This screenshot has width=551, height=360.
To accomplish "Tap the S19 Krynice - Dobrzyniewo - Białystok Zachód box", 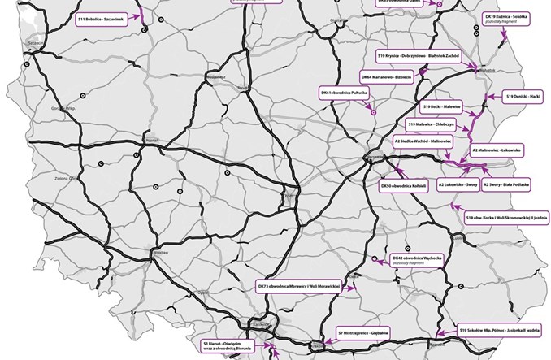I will (419, 55).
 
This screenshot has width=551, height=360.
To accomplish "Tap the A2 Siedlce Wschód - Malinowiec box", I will (422, 141).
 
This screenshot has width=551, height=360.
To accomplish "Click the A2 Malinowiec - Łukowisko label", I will (497, 150).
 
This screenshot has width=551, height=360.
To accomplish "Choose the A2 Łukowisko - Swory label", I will (458, 186).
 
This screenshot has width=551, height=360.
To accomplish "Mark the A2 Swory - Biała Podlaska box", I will (506, 186).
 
